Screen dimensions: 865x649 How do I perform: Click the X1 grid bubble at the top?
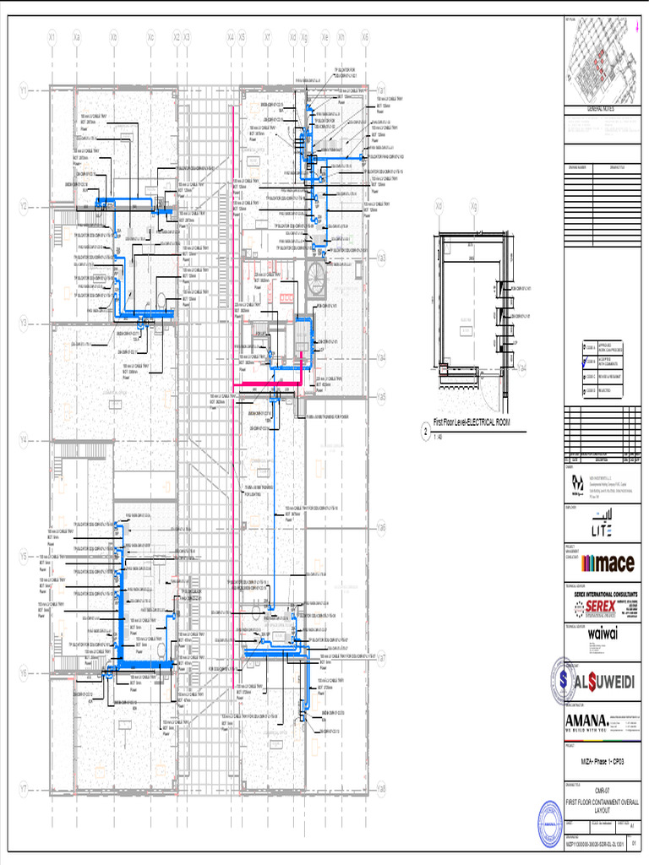[52, 37]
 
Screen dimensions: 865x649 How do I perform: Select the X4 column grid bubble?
[230, 37]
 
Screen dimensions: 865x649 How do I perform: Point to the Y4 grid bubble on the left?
[24, 439]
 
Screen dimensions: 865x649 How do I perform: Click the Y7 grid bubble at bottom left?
[24, 789]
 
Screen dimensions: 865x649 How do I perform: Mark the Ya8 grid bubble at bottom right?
[382, 789]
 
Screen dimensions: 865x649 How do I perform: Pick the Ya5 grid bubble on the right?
[382, 395]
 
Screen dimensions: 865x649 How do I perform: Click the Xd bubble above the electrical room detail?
[439, 205]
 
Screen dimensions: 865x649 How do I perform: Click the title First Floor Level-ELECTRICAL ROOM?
[472, 422]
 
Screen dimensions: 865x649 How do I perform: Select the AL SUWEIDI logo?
[600, 681]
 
